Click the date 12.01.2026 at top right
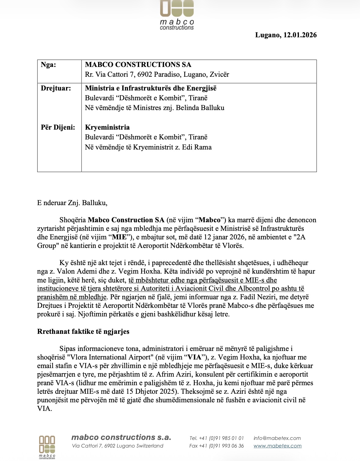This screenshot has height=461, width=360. coord(300,35)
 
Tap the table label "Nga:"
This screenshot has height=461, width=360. coord(48,65)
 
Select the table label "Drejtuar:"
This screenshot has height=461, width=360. coord(56,88)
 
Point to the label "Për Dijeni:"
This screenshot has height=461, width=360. coord(58,127)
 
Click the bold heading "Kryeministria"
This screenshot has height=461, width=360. coord(107,127)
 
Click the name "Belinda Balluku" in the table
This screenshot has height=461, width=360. coord(200,108)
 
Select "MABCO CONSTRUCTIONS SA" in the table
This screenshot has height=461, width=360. coord(138,65)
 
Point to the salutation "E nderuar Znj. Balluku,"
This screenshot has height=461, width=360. coord(72,203)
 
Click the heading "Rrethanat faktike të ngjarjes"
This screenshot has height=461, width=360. coord(83,331)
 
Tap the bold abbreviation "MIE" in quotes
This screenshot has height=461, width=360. coord(119,237)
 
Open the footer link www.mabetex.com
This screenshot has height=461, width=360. coord(277,446)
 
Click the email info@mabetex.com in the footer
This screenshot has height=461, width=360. coord(277,438)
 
